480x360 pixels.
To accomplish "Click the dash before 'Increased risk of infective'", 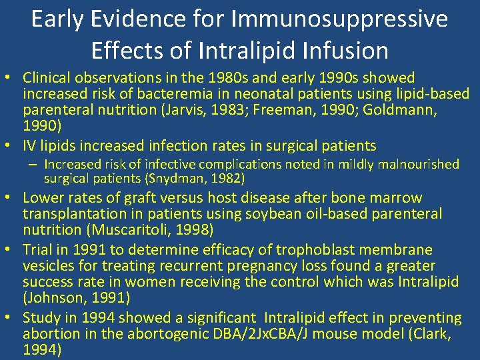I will (34, 164).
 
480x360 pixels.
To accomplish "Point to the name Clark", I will (440, 334).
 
